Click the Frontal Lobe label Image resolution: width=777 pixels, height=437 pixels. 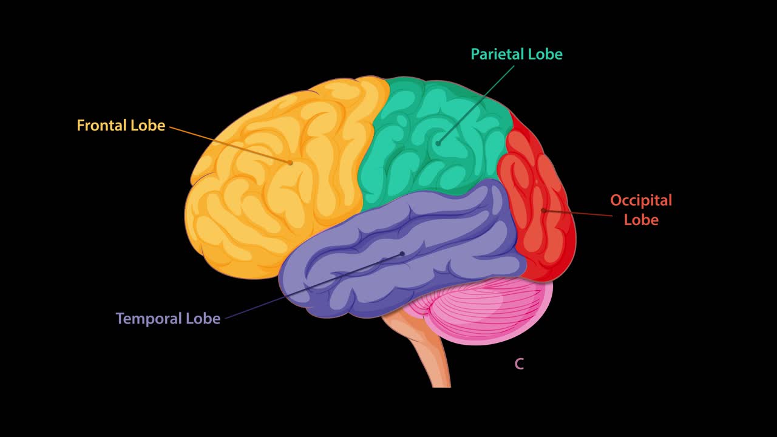[121, 126]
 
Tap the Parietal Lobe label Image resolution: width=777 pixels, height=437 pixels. [517, 54]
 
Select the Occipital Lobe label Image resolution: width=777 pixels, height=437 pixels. [641, 209]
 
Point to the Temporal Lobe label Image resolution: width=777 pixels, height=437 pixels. [168, 319]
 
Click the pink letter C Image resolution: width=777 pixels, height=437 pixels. [519, 364]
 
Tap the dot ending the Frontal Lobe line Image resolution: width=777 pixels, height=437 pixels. [291, 163]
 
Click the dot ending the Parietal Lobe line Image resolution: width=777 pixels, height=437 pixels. [438, 143]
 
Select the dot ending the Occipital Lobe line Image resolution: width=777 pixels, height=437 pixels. [543, 211]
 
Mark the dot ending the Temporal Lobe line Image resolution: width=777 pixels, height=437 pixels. [402, 254]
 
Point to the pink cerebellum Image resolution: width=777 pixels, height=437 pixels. [486, 310]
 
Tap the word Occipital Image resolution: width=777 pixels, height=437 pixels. [641, 200]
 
